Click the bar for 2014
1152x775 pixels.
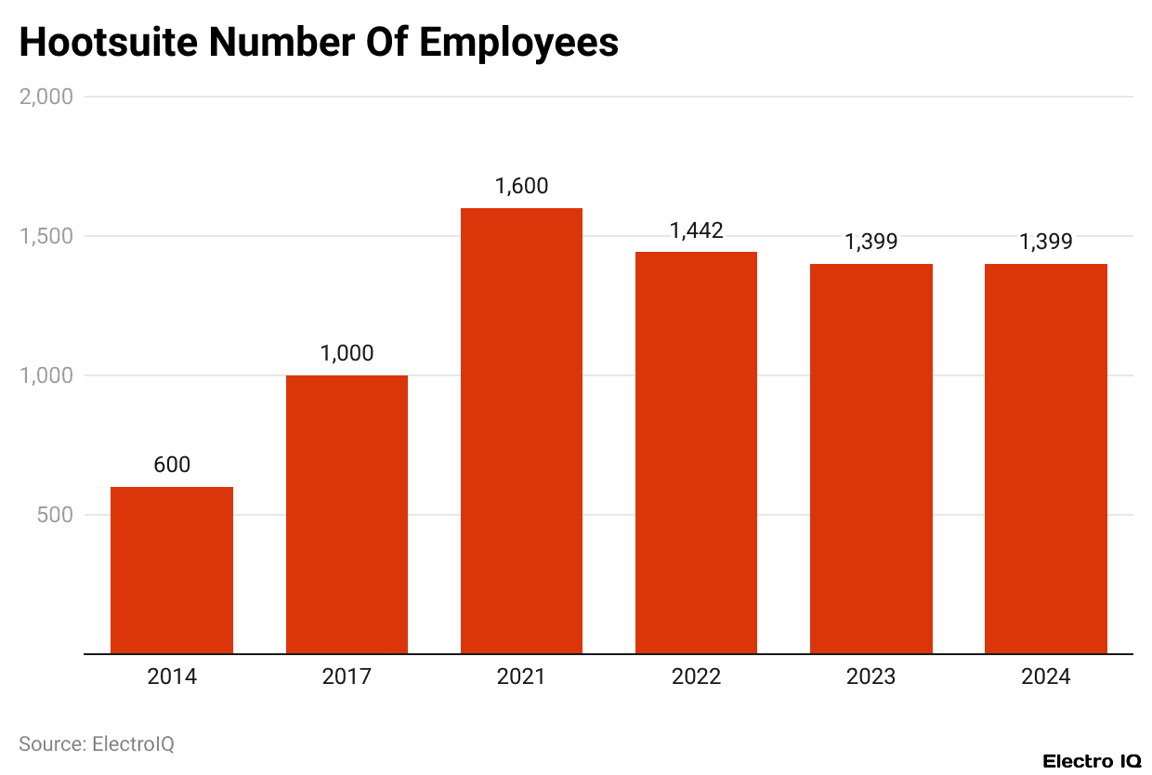pyautogui.click(x=172, y=570)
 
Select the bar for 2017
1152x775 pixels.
pyautogui.click(x=347, y=514)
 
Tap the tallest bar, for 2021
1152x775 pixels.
pyautogui.click(x=521, y=430)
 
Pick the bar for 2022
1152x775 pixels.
pyautogui.click(x=696, y=453)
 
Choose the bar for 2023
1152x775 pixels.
pyautogui.click(x=871, y=458)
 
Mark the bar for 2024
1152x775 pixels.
pyautogui.click(x=1045, y=458)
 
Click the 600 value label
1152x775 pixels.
pyautogui.click(x=172, y=465)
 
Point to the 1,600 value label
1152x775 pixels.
pyautogui.click(x=521, y=186)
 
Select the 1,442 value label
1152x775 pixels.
pyautogui.click(x=696, y=230)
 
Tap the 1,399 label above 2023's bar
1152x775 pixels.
pyautogui.click(x=871, y=242)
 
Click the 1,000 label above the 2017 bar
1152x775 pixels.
pyautogui.click(x=347, y=353)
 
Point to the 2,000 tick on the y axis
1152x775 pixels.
pyautogui.click(x=46, y=97)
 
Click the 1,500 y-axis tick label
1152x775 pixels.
pyautogui.click(x=46, y=236)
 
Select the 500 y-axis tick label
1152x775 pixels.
pyautogui.click(x=55, y=515)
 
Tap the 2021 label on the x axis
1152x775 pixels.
pyautogui.click(x=521, y=676)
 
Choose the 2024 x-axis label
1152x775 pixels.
pyautogui.click(x=1045, y=676)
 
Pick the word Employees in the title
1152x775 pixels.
pyautogui.click(x=518, y=43)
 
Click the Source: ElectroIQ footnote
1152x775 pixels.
pyautogui.click(x=97, y=743)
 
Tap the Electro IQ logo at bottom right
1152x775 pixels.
pyautogui.click(x=1092, y=761)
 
